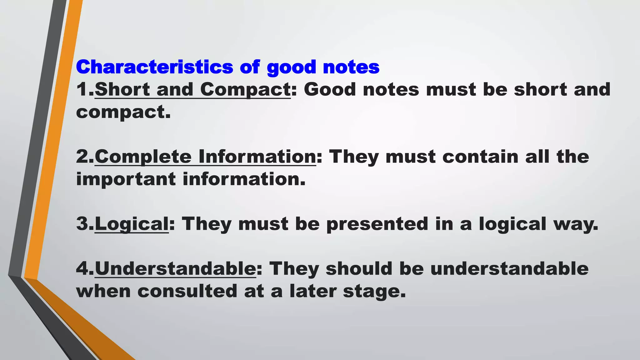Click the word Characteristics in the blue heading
tap(154, 67)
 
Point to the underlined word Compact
tap(246, 90)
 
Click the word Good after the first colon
tap(330, 89)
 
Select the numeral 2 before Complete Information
tap(82, 157)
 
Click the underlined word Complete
tap(143, 157)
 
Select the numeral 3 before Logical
tap(82, 224)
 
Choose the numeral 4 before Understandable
tap(82, 269)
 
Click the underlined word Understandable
tap(175, 269)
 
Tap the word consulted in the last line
tap(187, 291)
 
